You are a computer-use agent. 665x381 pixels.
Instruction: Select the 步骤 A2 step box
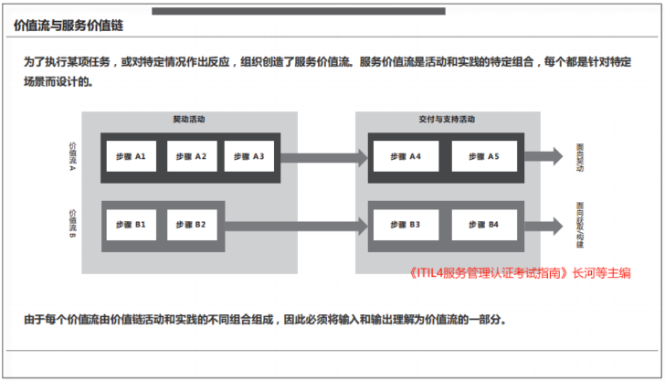point(189,157)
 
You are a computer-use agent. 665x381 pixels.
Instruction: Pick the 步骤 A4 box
point(403,157)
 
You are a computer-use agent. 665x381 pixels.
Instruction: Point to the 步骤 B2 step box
point(191,225)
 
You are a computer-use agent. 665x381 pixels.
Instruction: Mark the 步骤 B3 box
point(403,225)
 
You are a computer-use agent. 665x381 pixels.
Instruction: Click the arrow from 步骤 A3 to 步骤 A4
point(320,157)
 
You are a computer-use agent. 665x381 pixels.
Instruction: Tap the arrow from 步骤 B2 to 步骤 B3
point(292,225)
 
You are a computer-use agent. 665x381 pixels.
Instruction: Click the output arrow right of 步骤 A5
point(545,157)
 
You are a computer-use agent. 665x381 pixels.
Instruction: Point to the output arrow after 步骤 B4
point(545,225)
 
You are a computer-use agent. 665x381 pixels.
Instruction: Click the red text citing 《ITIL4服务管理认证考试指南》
point(520,271)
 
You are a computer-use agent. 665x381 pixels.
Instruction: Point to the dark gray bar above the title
point(298,11)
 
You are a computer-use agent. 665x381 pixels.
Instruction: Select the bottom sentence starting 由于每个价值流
point(264,321)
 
